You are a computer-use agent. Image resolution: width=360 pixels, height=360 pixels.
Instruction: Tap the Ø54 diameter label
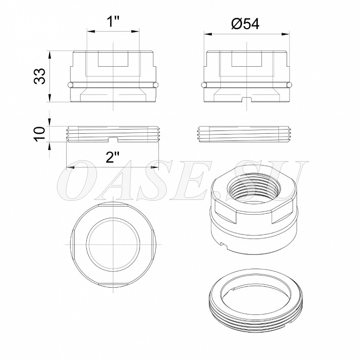click(245, 23)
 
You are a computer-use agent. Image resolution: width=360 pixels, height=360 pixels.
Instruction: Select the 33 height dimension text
click(40, 76)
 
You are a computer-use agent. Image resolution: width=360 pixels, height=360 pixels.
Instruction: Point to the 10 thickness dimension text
click(40, 134)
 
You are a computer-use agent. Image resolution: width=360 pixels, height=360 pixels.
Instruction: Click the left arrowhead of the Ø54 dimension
click(208, 34)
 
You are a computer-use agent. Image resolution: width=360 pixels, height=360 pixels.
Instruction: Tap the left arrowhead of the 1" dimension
click(91, 31)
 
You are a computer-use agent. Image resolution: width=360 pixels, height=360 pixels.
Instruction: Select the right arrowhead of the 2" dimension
click(154, 167)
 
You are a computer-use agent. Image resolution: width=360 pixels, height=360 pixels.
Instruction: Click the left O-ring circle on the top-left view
click(70, 85)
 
